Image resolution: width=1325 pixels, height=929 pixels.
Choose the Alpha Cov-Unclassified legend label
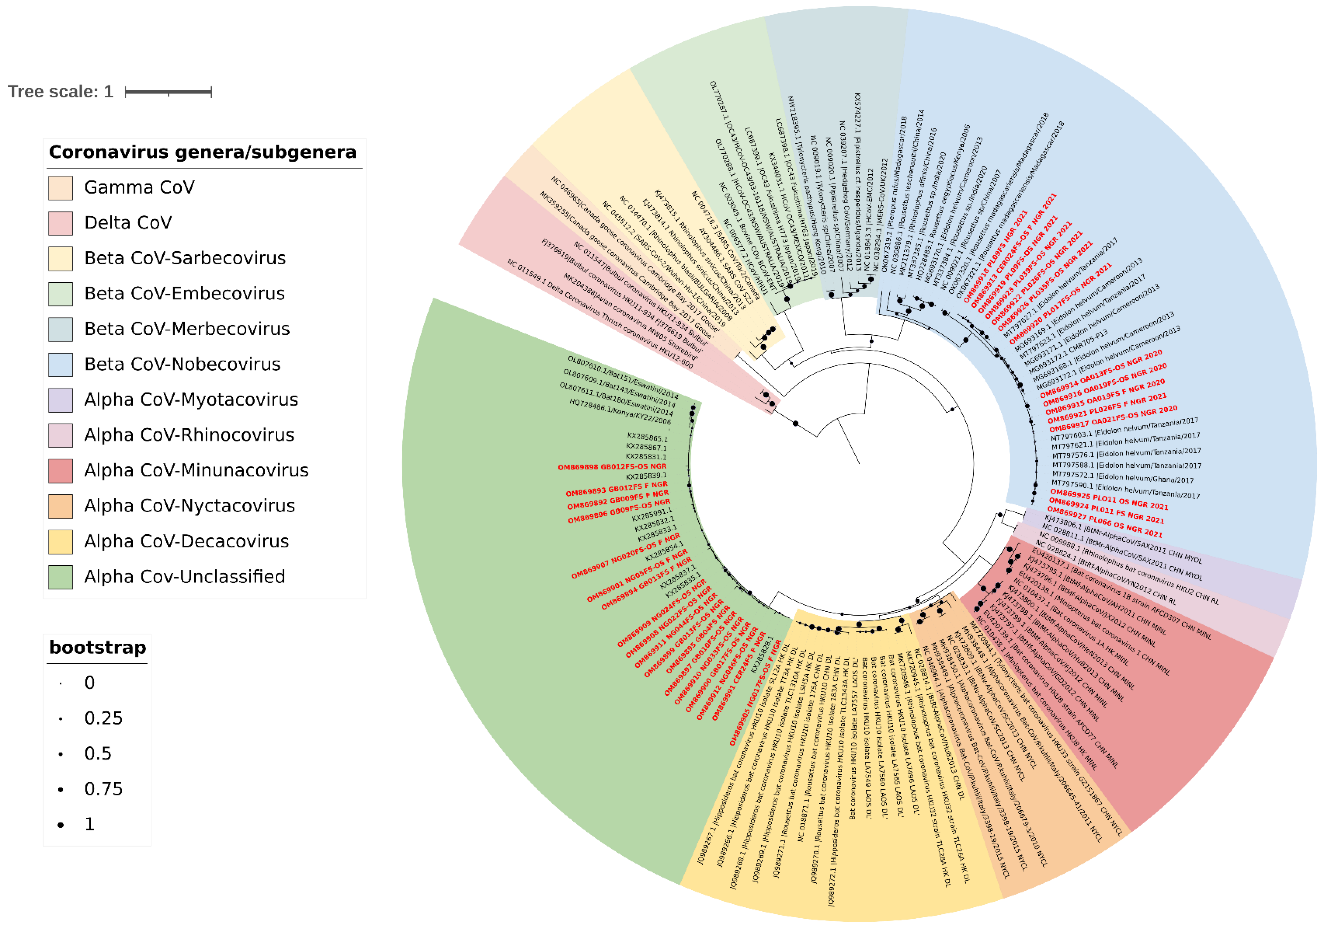[185, 576]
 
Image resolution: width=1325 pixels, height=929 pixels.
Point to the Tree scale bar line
[169, 92]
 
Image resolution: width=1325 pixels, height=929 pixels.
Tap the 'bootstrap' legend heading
[97, 647]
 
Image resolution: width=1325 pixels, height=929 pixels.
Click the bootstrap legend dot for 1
[61, 824]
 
